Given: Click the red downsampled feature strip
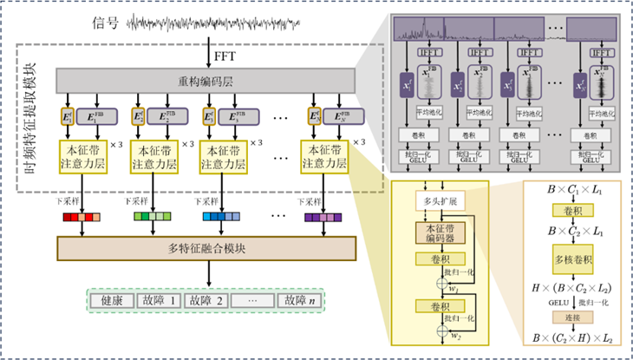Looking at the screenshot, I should point(82,217).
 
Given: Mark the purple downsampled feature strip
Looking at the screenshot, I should point(322,217).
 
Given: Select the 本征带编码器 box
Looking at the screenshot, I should point(440,233).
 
